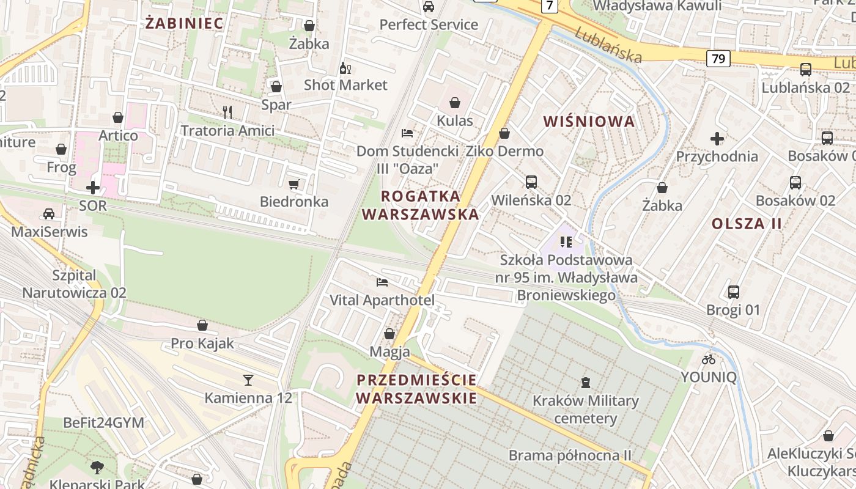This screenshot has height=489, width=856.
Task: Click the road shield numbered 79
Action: click(718, 59)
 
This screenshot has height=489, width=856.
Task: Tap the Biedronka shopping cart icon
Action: click(294, 184)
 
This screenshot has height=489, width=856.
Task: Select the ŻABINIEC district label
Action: click(184, 23)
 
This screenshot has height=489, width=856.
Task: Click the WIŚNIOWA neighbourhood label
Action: click(589, 121)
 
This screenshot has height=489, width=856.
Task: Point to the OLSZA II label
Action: click(747, 223)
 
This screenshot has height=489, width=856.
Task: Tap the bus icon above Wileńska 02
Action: click(531, 182)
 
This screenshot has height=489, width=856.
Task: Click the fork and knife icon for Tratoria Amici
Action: click(227, 112)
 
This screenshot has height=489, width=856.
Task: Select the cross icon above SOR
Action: click(93, 187)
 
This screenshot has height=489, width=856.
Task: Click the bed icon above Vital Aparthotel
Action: click(382, 282)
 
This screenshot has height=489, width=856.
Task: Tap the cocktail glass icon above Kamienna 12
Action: click(248, 380)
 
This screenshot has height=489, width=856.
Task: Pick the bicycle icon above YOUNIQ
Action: click(709, 359)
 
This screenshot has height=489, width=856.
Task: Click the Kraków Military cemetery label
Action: click(585, 410)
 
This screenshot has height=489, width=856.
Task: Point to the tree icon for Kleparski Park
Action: click(97, 468)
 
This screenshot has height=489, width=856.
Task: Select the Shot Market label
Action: click(345, 85)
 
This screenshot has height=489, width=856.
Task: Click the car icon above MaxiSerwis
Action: click(49, 213)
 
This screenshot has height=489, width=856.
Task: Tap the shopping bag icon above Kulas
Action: click(454, 102)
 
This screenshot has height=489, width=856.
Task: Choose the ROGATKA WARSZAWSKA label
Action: click(421, 205)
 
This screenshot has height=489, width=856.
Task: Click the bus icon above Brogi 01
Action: click(733, 292)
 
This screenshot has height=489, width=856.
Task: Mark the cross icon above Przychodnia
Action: click(717, 139)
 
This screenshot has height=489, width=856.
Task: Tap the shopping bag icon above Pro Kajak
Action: click(202, 325)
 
